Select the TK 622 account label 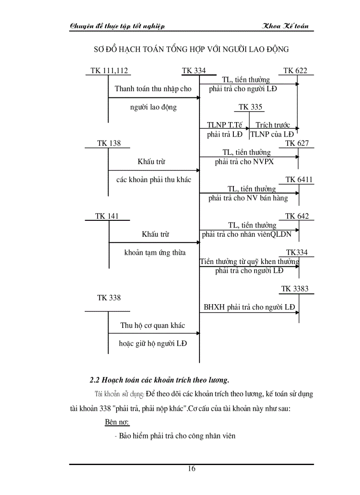(x=295, y=71)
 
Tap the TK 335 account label (x=250, y=107)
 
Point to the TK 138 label (x=109, y=143)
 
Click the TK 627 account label (x=297, y=143)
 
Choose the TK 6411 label (x=300, y=180)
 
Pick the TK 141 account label (x=107, y=216)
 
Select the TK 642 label (x=297, y=216)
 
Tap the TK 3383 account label (x=295, y=289)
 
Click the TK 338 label (x=109, y=298)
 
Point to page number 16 (x=191, y=469)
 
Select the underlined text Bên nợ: (x=117, y=422)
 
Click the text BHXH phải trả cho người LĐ (x=249, y=307)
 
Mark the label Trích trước (x=273, y=125)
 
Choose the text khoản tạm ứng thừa (x=154, y=253)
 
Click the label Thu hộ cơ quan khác (x=153, y=326)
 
